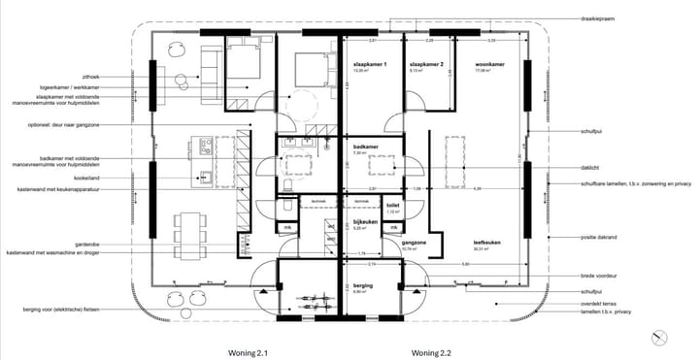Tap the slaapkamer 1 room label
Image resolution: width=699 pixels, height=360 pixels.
click(370, 64)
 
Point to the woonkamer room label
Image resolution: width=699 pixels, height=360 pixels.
click(489, 64)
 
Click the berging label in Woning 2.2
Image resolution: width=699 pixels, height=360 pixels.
click(361, 285)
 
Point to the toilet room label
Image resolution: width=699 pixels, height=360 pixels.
click(393, 206)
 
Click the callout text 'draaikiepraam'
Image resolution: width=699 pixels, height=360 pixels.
click(599, 18)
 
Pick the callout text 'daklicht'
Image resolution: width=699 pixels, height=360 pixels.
click(591, 167)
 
